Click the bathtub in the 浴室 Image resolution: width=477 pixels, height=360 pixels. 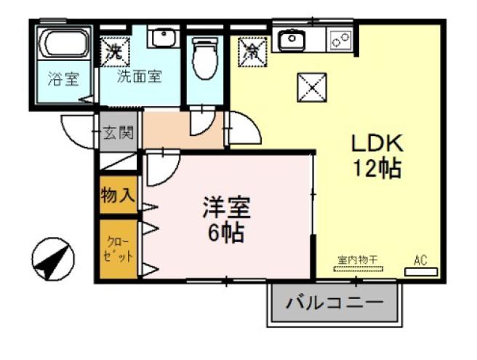[x=64, y=45]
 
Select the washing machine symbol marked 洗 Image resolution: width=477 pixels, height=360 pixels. [x=114, y=52]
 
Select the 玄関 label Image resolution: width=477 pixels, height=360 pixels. [x=117, y=133]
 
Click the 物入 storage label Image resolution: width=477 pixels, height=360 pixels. [x=118, y=195]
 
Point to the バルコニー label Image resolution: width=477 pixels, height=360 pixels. [x=334, y=303]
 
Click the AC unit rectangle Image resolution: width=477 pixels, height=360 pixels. [x=421, y=271]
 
